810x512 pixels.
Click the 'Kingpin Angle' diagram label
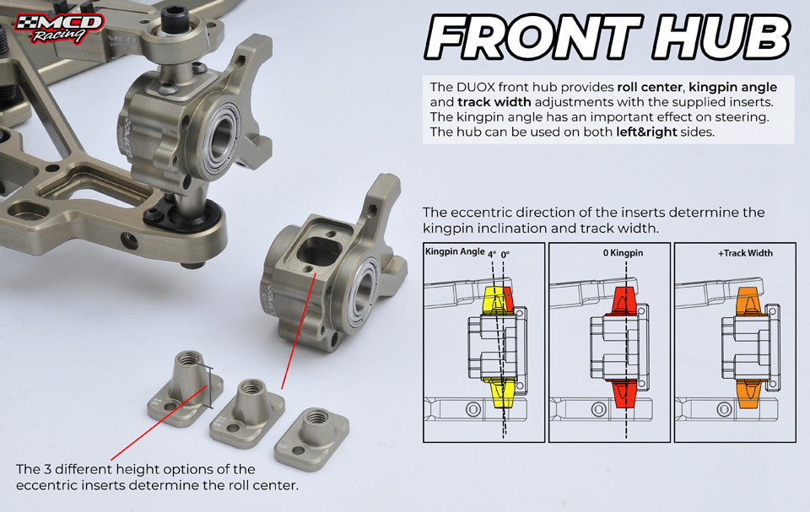[x=455, y=252]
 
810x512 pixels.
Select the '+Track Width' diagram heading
[x=746, y=252]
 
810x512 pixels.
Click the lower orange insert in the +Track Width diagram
[x=749, y=392]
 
